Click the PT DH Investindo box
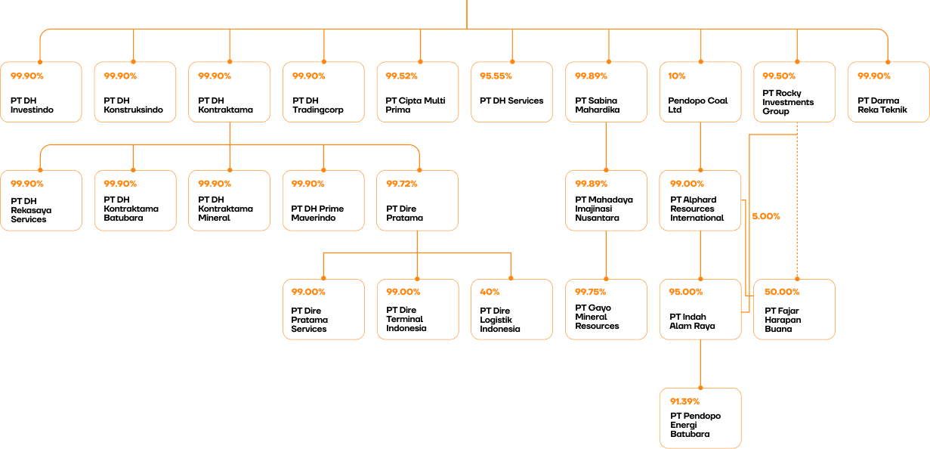[41, 92]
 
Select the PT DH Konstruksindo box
[134, 92]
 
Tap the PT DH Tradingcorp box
[323, 92]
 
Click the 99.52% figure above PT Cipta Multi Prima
[401, 76]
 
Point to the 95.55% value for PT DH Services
[496, 76]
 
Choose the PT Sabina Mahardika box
[606, 92]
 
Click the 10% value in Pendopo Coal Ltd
[677, 76]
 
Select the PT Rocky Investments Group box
[794, 92]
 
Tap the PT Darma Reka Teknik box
[888, 92]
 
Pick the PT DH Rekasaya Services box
[41, 200]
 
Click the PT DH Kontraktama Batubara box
[134, 200]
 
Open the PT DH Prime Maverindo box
[323, 200]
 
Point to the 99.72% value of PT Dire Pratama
[401, 184]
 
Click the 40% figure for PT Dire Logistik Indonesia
[490, 292]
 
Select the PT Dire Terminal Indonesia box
[418, 309]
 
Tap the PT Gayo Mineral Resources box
[606, 309]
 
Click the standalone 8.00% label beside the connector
[766, 216]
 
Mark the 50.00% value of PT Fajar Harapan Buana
[781, 292]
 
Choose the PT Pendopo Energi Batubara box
[700, 418]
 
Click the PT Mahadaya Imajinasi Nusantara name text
[604, 209]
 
